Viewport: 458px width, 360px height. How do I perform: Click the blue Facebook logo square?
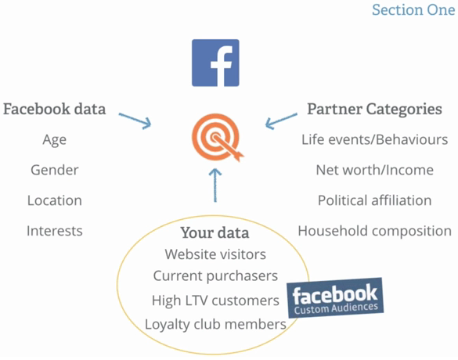(215, 63)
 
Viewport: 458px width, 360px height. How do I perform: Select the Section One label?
(413, 10)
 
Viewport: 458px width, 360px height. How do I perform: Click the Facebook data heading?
(55, 109)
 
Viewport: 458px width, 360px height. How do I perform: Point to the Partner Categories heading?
(374, 110)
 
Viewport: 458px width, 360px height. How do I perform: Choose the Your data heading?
(215, 232)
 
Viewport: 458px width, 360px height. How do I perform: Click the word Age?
(55, 140)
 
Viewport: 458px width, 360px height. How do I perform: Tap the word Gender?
(55, 170)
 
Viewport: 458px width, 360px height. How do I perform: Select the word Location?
(55, 200)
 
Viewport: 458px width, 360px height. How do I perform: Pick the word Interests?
(55, 231)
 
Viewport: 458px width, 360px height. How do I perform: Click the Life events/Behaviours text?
(375, 139)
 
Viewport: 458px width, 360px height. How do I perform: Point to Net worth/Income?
(375, 170)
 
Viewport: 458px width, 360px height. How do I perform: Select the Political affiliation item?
(375, 200)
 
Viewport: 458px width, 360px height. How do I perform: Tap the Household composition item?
(375, 231)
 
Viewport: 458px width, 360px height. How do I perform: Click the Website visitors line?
(215, 254)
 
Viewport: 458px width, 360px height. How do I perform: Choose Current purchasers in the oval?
(215, 276)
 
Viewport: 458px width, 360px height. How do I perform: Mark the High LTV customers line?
(215, 301)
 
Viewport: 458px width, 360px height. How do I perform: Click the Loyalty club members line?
(215, 325)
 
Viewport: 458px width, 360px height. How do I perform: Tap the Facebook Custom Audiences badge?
(335, 297)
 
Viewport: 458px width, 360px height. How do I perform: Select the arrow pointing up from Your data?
(215, 185)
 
